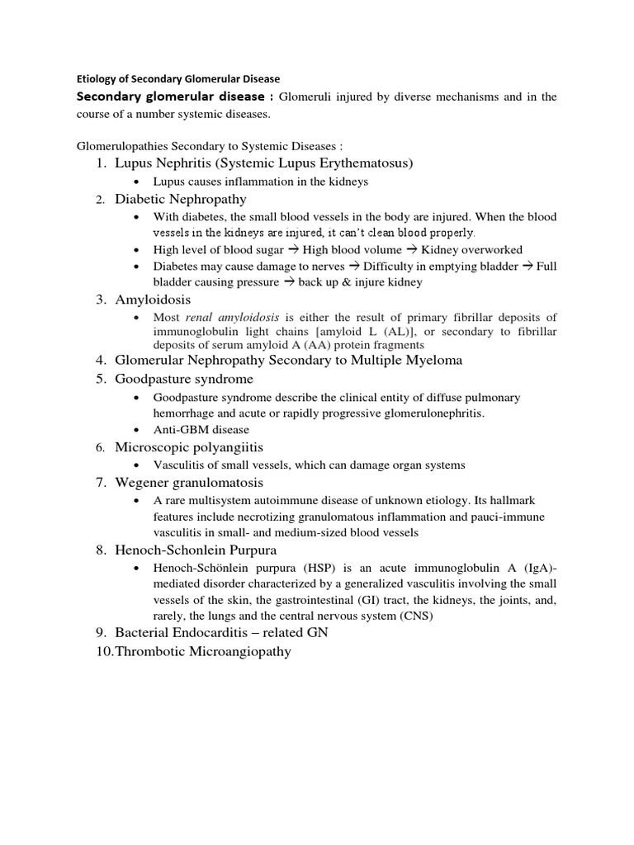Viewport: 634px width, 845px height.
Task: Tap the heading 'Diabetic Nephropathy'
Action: point(181,199)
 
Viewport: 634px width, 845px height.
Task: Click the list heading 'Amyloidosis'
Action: point(153,299)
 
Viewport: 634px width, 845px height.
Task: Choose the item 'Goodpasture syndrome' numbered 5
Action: point(184,379)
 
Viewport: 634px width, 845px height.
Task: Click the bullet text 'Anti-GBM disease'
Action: point(201,429)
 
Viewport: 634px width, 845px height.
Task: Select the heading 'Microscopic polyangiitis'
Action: point(189,446)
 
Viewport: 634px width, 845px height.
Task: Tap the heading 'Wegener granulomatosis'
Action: point(189,482)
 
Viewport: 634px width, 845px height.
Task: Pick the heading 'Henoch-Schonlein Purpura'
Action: point(196,550)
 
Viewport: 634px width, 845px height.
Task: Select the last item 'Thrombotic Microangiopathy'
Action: point(203,652)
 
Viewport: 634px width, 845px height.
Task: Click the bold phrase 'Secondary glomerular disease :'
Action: point(175,97)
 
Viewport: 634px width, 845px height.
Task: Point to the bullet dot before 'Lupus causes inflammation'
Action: point(136,182)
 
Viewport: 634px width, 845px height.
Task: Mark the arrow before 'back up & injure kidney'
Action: point(288,282)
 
